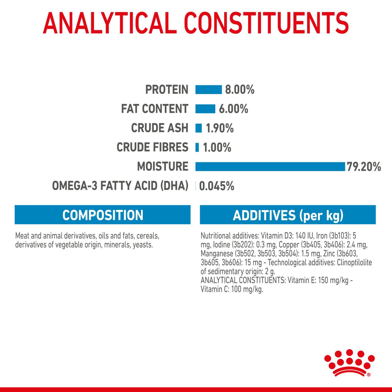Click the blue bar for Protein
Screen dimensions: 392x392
tap(208, 90)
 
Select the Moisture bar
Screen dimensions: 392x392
tap(270, 167)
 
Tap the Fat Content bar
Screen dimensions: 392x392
tap(205, 109)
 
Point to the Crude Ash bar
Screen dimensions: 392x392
tap(199, 128)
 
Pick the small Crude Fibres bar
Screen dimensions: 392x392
tap(197, 148)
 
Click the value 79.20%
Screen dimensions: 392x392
tap(364, 167)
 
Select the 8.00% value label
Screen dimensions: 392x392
tap(240, 90)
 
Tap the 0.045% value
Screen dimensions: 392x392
tap(216, 186)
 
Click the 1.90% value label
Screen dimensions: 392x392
tap(220, 129)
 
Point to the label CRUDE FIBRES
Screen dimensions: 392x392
tap(152, 147)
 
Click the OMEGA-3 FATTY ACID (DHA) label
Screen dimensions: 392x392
tap(120, 186)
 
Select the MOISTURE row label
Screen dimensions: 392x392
tap(163, 167)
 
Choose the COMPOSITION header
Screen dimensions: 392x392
tap(102, 215)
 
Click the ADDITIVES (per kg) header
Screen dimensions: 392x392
tap(288, 215)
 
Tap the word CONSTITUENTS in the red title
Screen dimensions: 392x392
tap(266, 23)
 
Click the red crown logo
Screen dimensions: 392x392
tap(349, 363)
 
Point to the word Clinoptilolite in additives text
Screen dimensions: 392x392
tap(354, 263)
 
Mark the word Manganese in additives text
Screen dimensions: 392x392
tap(217, 254)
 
